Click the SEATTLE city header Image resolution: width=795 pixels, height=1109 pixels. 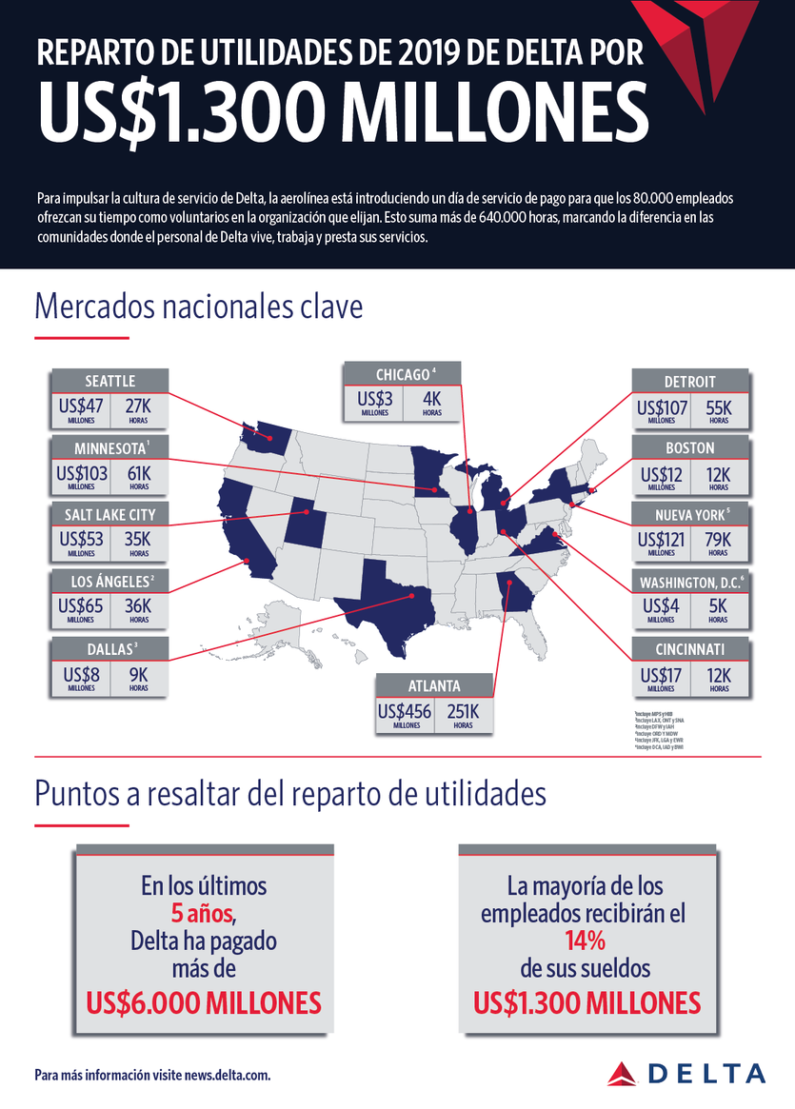(x=109, y=380)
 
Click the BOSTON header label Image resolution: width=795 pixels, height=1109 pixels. (x=690, y=447)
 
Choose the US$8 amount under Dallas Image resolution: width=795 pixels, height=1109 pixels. (x=81, y=673)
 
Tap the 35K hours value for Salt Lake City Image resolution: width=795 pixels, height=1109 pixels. (x=138, y=539)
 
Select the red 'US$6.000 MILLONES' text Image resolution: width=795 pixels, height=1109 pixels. (x=203, y=1002)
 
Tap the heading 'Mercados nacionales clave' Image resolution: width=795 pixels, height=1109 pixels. (x=199, y=307)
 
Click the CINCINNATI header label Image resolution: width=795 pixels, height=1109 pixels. (x=690, y=650)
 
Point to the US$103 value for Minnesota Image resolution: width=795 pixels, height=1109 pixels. (x=81, y=473)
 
